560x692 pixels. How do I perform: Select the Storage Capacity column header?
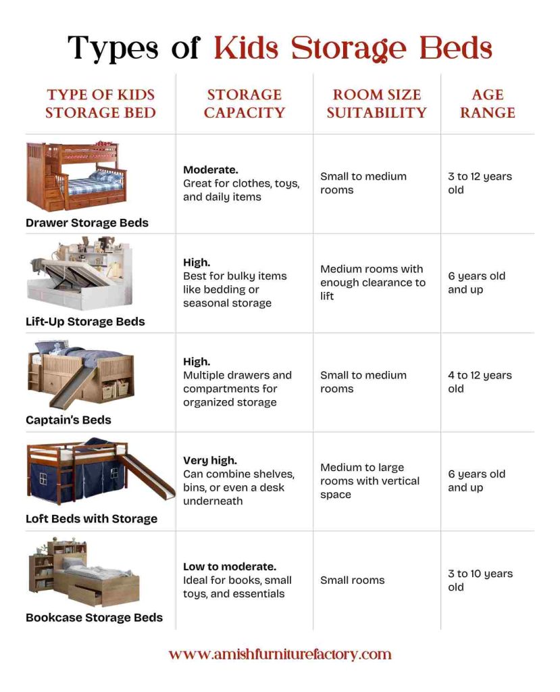click(244, 103)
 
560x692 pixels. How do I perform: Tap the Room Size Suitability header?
click(376, 103)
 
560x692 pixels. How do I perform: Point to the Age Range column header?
click(487, 103)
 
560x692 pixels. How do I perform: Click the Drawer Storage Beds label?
click(87, 222)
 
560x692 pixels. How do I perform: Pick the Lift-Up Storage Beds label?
click(85, 322)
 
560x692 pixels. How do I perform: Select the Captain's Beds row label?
click(68, 420)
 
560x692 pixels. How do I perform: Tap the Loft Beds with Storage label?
click(91, 519)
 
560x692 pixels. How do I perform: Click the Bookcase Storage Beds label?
click(94, 617)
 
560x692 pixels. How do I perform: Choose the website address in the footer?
click(280, 654)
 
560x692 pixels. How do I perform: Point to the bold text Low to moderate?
click(230, 566)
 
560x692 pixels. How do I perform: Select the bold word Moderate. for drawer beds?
click(211, 170)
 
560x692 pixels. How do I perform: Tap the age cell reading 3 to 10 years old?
click(480, 580)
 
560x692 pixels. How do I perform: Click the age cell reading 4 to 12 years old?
click(480, 382)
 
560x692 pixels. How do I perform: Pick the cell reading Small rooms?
click(352, 580)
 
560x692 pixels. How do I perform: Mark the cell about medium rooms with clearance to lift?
click(373, 282)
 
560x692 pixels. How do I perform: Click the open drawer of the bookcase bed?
click(86, 597)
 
